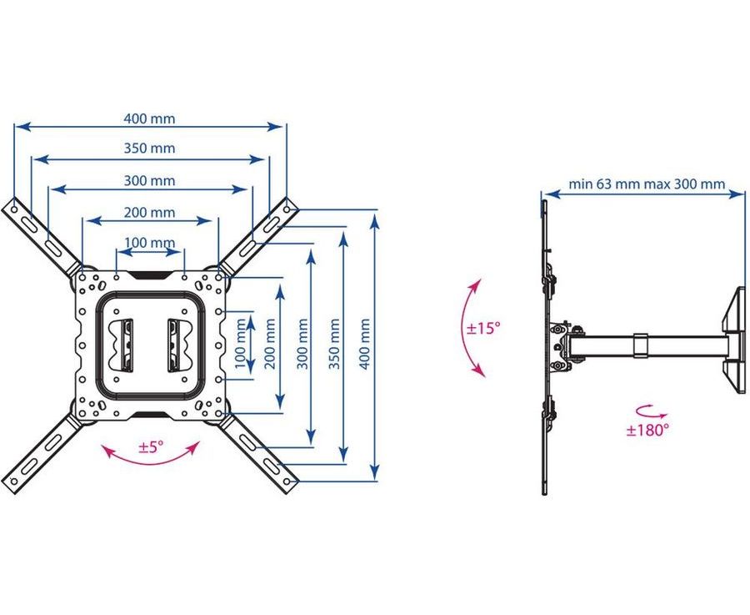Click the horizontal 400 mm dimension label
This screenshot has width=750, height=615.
tap(150, 118)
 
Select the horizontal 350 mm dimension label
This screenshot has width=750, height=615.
tap(150, 148)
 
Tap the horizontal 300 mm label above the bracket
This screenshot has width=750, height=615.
tap(150, 180)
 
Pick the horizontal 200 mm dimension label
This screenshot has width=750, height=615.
tap(150, 212)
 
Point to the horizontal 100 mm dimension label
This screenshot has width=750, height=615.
tap(150, 243)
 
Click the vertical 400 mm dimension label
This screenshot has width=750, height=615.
tap(364, 344)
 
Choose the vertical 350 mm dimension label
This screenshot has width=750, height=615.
tap(334, 344)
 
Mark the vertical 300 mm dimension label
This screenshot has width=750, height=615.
tap(302, 344)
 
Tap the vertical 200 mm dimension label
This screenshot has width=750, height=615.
tap(270, 344)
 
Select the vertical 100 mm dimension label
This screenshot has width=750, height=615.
tap(241, 344)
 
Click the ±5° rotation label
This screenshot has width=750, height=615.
tap(151, 447)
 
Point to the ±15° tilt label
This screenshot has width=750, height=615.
tap(483, 328)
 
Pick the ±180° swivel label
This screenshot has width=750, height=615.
tap(647, 430)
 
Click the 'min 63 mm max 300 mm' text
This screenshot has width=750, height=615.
tap(647, 184)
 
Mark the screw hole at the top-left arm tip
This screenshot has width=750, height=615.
tap(14, 209)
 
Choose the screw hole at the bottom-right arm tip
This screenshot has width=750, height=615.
tap(287, 481)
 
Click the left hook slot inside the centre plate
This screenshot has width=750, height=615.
tap(127, 345)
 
